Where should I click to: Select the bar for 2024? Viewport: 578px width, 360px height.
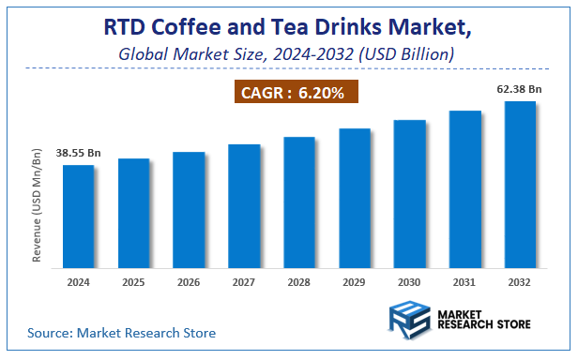point(78,216)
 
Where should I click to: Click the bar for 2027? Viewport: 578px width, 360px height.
point(244,205)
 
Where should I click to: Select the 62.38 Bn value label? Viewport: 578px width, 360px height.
point(519,90)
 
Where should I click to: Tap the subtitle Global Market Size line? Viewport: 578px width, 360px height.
point(287,54)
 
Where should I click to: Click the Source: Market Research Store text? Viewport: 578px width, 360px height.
point(122,333)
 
